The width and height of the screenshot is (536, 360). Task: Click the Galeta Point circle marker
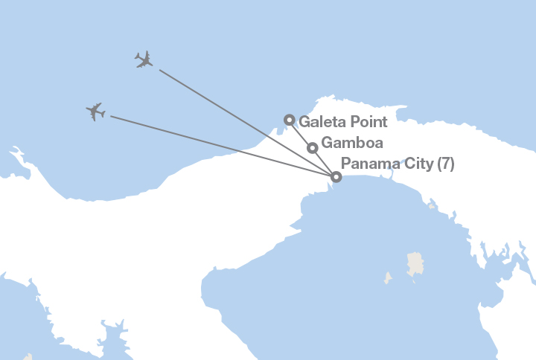click(x=290, y=119)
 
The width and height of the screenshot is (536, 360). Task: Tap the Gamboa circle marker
click(x=313, y=147)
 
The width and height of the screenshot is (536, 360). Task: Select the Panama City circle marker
click(x=336, y=177)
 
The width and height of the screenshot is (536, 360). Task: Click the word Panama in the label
click(x=366, y=164)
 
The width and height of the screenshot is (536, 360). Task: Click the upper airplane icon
click(x=144, y=60)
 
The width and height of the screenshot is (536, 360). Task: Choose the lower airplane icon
click(x=95, y=112)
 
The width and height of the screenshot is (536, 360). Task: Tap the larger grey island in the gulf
click(x=415, y=263)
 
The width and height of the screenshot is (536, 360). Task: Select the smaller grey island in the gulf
click(x=387, y=278)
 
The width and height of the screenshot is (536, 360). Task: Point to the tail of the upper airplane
click(x=138, y=57)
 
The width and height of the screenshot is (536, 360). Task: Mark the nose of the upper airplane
click(x=152, y=64)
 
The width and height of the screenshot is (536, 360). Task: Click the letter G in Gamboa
click(x=326, y=143)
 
